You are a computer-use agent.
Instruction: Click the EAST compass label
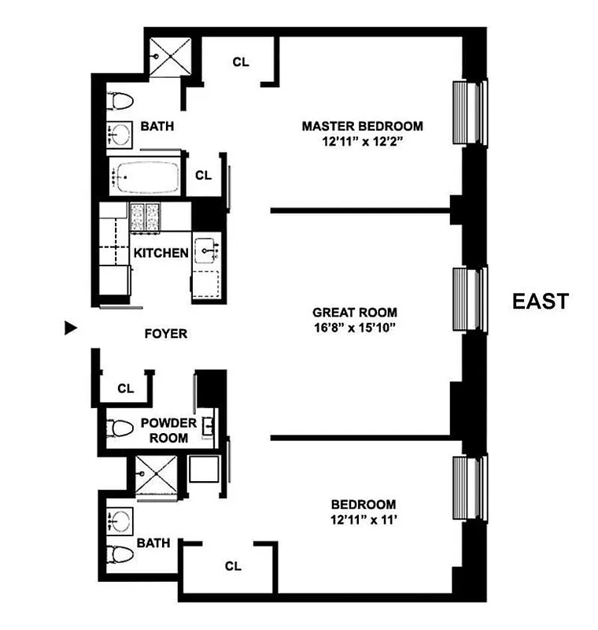[540, 302]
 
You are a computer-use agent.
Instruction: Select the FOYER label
[166, 334]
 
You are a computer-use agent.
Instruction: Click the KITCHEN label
[161, 253]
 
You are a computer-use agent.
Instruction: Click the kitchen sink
[207, 251]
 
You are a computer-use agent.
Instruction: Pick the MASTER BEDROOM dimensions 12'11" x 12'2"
[363, 143]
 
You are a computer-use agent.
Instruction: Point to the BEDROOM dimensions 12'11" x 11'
[363, 521]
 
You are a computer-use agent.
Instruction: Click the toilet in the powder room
[120, 429]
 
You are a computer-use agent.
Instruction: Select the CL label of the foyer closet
[125, 388]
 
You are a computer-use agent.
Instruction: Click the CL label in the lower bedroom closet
[232, 565]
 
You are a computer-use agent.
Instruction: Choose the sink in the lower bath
[120, 521]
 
